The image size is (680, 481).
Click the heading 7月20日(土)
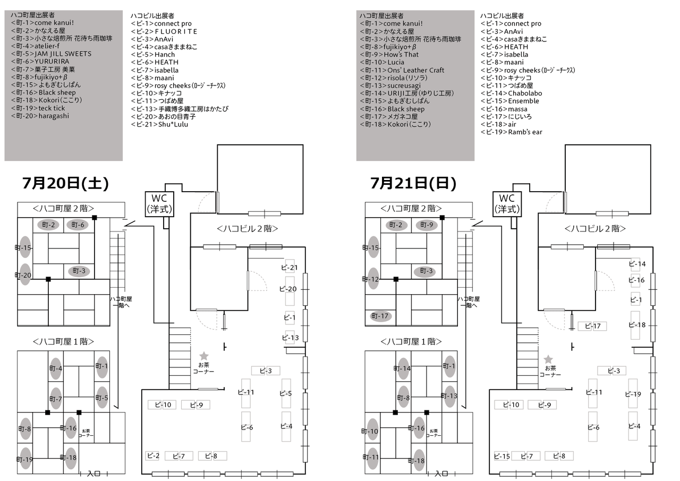click(x=65, y=184)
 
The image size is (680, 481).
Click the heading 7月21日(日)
click(x=413, y=184)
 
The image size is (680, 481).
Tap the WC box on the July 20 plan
click(x=159, y=203)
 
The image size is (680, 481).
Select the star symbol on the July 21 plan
click(x=548, y=359)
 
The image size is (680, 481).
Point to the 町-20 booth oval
click(x=25, y=274)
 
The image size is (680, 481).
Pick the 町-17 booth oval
click(x=381, y=316)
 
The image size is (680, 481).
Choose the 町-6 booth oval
click(x=78, y=225)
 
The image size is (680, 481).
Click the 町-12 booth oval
click(x=373, y=279)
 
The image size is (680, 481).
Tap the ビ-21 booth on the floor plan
click(x=290, y=268)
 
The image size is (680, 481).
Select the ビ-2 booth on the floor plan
click(x=152, y=456)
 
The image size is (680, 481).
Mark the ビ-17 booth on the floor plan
click(x=592, y=326)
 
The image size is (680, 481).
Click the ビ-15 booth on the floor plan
click(x=501, y=456)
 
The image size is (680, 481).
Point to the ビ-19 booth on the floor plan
click(x=633, y=394)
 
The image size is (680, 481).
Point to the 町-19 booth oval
click(x=25, y=459)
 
